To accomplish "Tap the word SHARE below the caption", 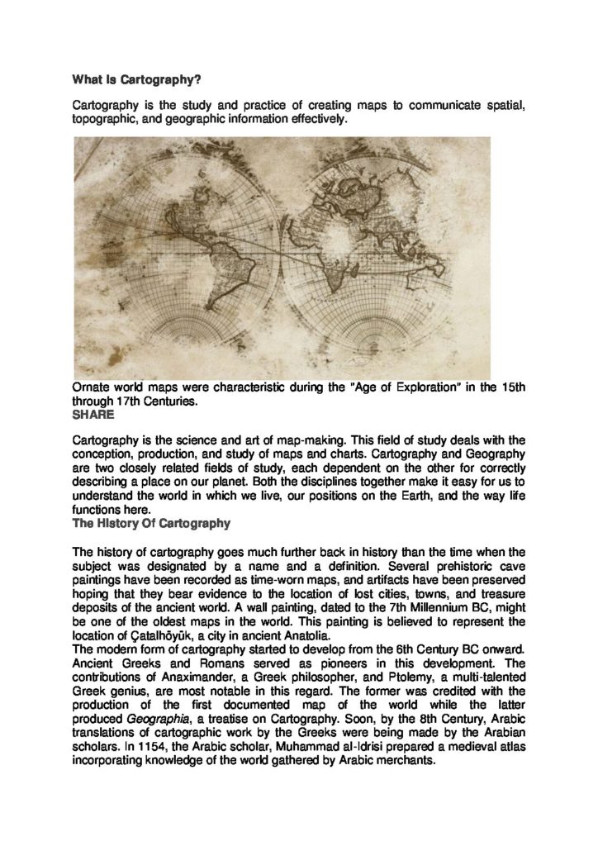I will coord(93,416).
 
